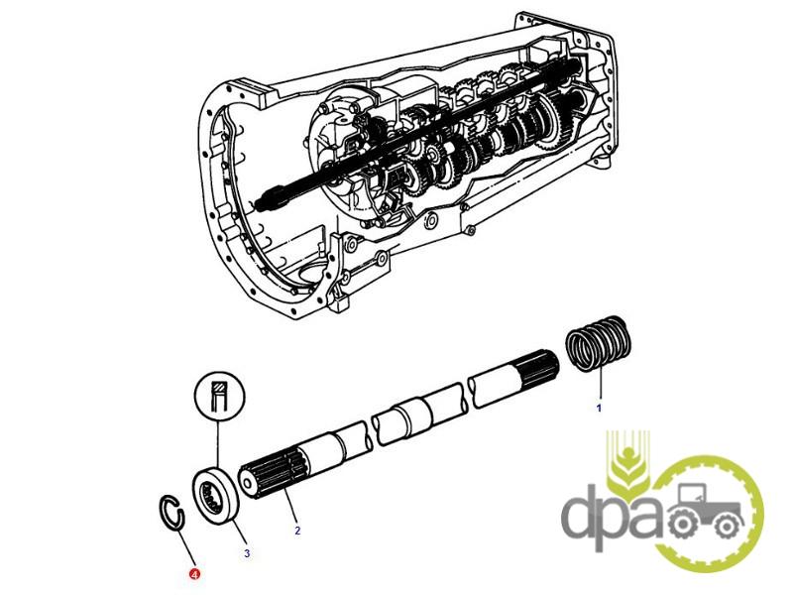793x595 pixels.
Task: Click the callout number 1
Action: (x=600, y=408)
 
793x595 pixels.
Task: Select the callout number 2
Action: (x=297, y=531)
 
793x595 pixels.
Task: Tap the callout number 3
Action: (x=247, y=553)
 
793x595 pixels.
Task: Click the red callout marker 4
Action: (x=194, y=574)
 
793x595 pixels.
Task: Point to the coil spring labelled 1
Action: (x=599, y=342)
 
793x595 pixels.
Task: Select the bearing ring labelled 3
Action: (x=217, y=493)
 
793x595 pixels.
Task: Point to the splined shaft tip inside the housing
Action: (x=272, y=198)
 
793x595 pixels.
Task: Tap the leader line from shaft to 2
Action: (x=290, y=506)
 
